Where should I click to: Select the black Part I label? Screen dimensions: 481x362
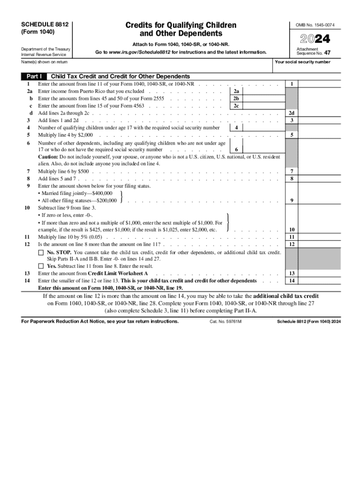click(34, 76)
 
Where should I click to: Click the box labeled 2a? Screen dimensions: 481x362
click(236, 91)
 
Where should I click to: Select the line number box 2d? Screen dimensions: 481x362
click(292, 113)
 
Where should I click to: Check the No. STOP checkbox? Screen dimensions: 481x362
click(41, 253)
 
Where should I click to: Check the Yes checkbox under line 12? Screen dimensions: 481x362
click(41, 266)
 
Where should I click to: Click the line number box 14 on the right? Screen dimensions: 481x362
click(292, 280)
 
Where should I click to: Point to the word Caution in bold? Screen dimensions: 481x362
click(48, 157)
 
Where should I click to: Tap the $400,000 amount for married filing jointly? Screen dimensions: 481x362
click(102, 193)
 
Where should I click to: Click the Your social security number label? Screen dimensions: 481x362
click(302, 62)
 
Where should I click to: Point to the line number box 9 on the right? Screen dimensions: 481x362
click(292, 201)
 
